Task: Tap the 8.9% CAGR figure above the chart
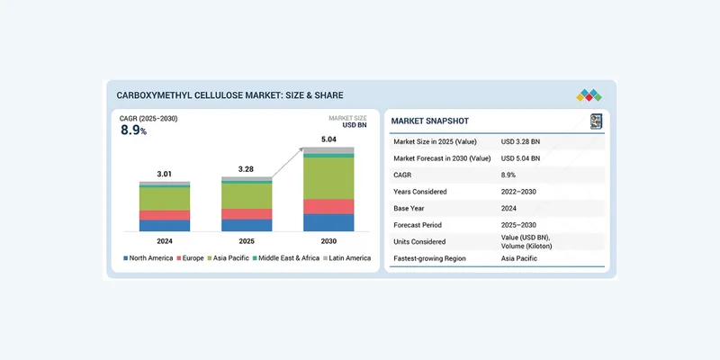133,130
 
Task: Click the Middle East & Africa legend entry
283,258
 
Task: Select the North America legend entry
149,258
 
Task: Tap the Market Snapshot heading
430,121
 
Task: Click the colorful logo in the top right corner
589,94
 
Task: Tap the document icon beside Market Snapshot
595,121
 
